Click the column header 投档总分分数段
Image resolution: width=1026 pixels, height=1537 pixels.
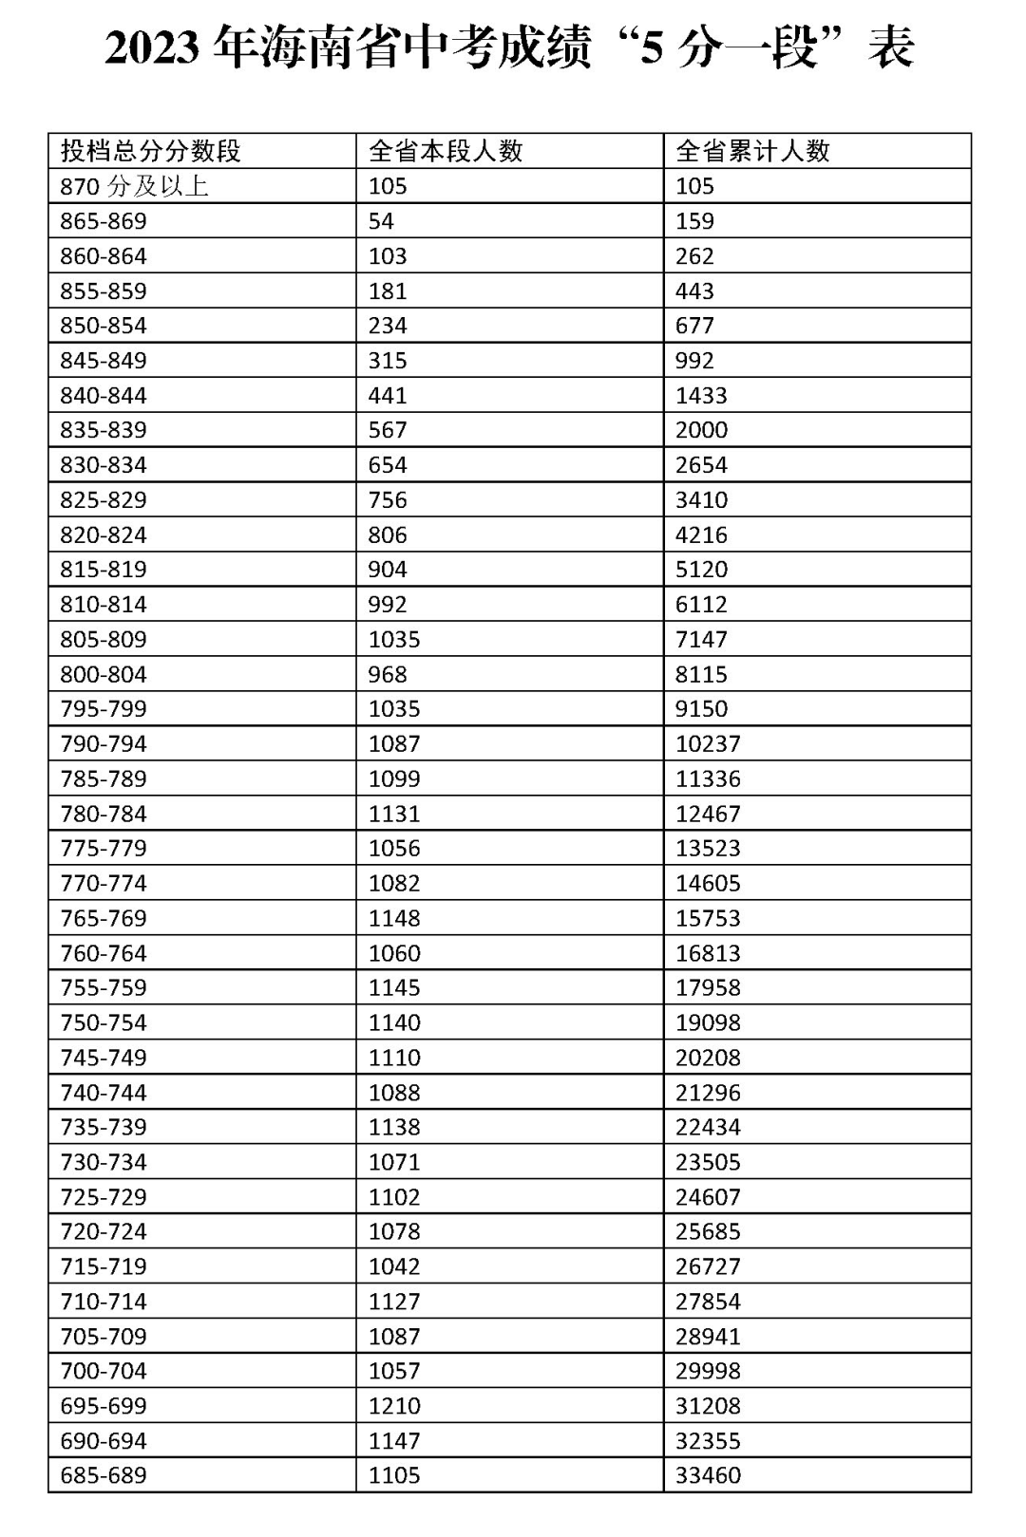(151, 151)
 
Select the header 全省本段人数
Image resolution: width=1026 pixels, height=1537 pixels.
(446, 151)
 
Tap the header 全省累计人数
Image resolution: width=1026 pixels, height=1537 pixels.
(752, 151)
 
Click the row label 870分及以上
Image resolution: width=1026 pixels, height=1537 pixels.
(134, 186)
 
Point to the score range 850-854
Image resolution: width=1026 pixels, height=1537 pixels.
(104, 326)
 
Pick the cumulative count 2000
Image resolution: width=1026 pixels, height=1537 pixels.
(701, 430)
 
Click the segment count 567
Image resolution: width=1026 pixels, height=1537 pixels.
(388, 430)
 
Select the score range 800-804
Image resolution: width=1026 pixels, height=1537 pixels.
(104, 674)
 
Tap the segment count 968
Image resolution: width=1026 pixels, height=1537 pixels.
(388, 674)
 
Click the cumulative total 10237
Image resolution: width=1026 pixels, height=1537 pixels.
(708, 744)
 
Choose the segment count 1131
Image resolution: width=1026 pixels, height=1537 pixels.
(394, 814)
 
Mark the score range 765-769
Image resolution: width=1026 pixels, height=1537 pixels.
(104, 918)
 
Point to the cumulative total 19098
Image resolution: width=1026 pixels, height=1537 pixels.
(708, 1022)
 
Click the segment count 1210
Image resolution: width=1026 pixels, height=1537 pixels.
(394, 1406)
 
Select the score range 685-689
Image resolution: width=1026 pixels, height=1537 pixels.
(104, 1475)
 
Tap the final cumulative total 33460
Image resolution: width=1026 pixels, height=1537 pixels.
(708, 1475)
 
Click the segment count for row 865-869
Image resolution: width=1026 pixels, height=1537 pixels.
(381, 221)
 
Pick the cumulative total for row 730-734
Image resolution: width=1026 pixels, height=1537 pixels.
(708, 1162)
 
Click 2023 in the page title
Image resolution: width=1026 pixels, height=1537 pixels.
(152, 47)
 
